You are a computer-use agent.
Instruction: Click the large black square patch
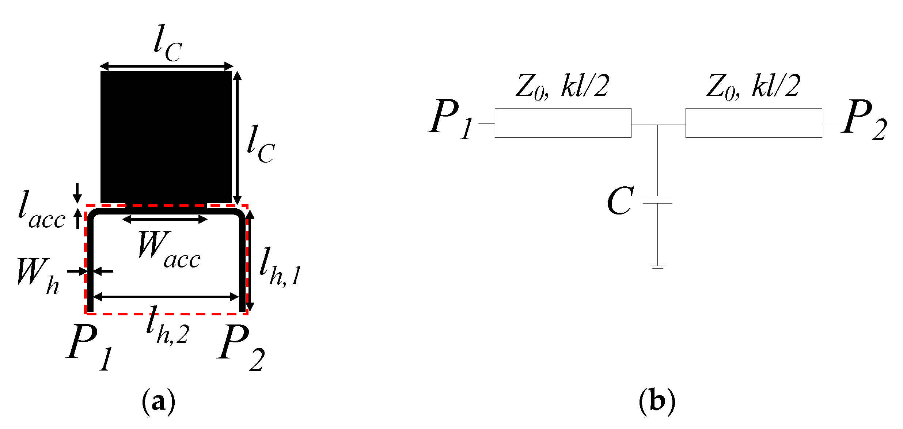pos(166,137)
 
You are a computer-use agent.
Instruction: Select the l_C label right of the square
pos(260,144)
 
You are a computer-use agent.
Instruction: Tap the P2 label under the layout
pos(240,347)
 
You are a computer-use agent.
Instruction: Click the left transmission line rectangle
pos(563,123)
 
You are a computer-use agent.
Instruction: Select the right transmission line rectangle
pos(754,123)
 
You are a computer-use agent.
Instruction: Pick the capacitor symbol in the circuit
pos(657,200)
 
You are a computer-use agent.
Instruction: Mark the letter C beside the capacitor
pos(620,201)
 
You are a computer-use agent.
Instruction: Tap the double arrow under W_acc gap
pos(165,220)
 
